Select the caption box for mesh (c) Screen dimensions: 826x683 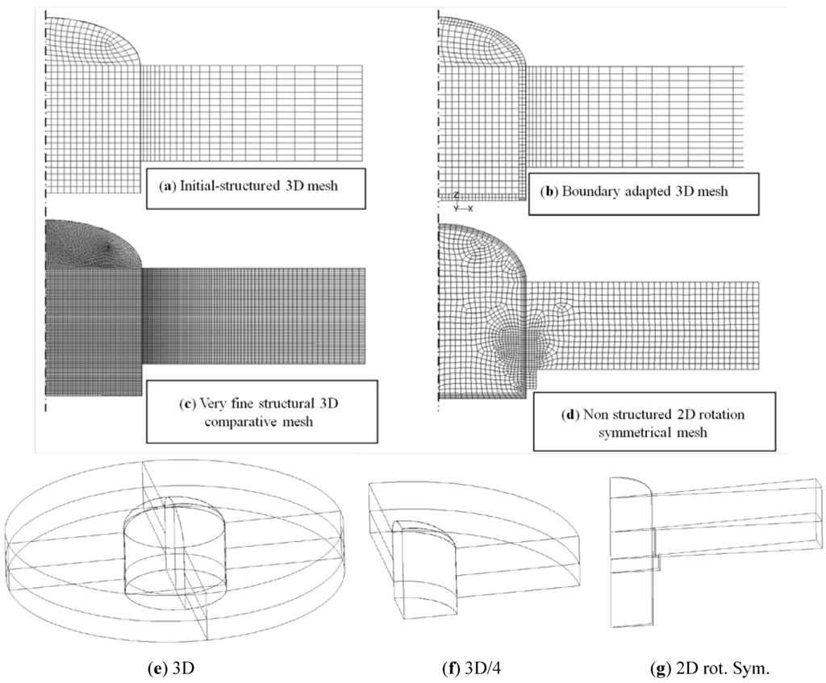pos(262,411)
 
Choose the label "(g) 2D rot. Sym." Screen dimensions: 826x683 pos(699,668)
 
